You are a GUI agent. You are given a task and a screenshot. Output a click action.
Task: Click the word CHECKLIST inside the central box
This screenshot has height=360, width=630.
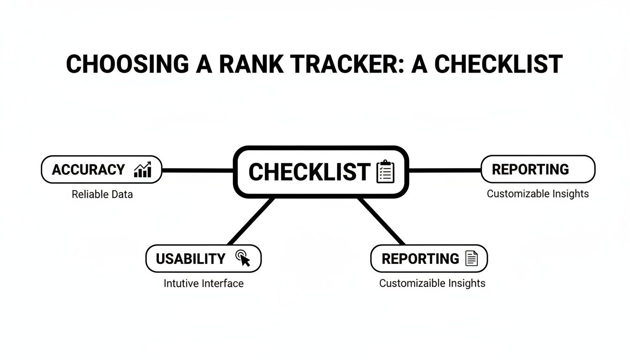point(309,172)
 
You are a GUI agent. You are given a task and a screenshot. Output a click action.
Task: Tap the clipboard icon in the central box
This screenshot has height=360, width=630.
point(386,172)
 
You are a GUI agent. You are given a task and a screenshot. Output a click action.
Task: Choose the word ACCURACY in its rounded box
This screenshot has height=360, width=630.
point(88,170)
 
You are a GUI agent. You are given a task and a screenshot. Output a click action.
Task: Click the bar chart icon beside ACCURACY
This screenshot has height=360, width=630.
point(142,170)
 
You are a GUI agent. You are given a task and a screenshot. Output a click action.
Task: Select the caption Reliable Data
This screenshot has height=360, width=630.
point(102,194)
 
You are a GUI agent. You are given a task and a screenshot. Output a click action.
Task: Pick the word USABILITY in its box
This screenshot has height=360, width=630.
point(190,259)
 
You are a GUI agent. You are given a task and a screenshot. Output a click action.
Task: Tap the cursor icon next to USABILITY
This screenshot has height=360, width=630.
point(243,258)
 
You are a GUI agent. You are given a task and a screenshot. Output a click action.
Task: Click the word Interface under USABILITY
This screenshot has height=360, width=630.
point(223,284)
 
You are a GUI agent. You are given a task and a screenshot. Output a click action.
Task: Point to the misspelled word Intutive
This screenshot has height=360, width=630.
point(181,284)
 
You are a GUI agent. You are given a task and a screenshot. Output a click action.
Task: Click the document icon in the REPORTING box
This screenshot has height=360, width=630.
point(471,258)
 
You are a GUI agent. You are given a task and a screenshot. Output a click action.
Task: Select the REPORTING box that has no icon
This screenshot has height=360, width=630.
point(538,169)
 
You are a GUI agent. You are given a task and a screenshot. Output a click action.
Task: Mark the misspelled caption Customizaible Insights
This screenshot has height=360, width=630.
point(432,283)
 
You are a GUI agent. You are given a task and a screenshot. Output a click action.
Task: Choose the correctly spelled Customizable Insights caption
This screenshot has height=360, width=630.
point(538,194)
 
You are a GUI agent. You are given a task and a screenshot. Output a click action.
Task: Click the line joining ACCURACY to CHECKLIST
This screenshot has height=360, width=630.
point(197,170)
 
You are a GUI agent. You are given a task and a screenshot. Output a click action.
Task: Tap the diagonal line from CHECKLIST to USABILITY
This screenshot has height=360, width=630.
point(250,221)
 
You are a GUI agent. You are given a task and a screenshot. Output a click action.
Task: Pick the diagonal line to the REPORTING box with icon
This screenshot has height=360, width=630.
point(382,221)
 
